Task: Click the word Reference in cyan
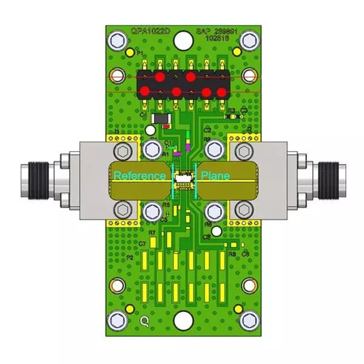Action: [140, 176]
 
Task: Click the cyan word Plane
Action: [215, 176]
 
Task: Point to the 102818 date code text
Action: [217, 37]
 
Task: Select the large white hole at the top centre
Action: [183, 40]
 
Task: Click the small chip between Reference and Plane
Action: [183, 180]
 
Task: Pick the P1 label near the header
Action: [139, 54]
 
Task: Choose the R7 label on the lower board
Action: [152, 233]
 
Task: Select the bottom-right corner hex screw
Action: [248, 320]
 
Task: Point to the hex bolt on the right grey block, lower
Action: [243, 210]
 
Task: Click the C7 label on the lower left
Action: [142, 244]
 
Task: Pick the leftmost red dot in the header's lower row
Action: [146, 92]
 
